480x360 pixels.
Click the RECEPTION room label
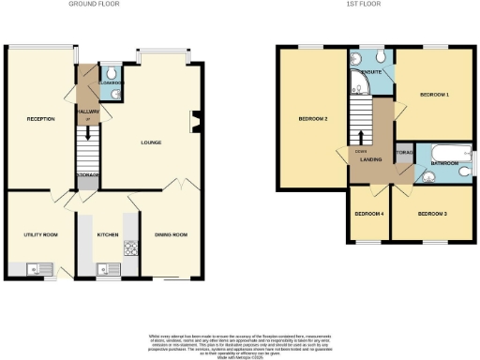pyautogui.click(x=40, y=119)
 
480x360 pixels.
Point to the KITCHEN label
pyautogui.click(x=108, y=234)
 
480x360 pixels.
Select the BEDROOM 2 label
pyautogui.click(x=312, y=119)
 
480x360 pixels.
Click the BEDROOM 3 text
pyautogui.click(x=431, y=214)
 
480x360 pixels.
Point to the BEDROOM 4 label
pyautogui.click(x=368, y=214)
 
